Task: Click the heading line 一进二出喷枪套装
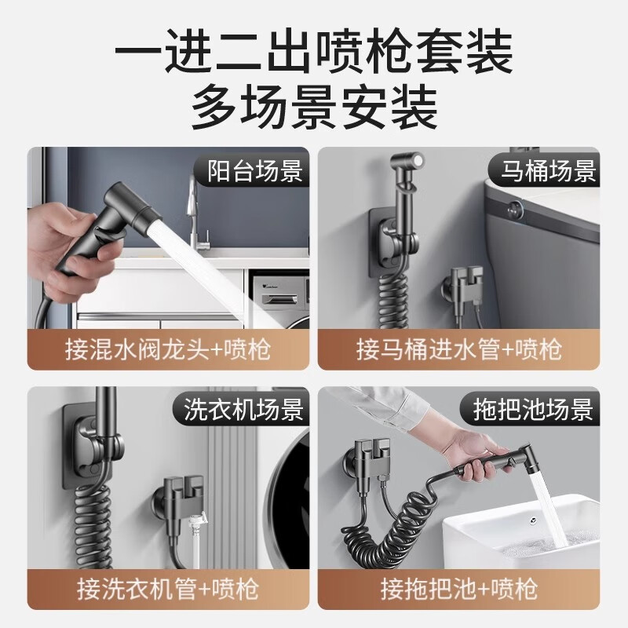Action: click(314, 53)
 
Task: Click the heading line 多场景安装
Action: click(314, 109)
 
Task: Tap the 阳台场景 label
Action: click(254, 170)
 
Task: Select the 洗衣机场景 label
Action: click(244, 409)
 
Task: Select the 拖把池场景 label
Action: click(533, 409)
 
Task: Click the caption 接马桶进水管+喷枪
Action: click(459, 347)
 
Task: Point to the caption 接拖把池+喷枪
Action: click(459, 586)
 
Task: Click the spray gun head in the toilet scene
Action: click(407, 168)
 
